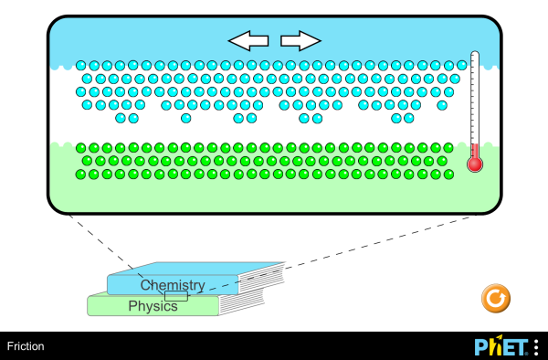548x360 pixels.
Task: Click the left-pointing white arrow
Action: (248, 40)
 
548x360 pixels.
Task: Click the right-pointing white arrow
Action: (300, 40)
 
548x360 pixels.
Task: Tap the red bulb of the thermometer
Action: (474, 164)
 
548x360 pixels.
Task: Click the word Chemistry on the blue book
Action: (173, 286)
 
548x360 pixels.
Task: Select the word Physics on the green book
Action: (153, 306)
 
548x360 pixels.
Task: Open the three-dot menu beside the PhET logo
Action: (536, 347)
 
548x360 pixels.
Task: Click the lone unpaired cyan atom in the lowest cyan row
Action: (186, 118)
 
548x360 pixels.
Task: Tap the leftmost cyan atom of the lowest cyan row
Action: (121, 118)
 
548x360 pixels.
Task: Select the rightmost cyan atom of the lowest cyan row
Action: (408, 118)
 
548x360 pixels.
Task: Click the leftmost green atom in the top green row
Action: (81, 147)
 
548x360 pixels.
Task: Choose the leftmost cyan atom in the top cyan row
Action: (81, 66)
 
